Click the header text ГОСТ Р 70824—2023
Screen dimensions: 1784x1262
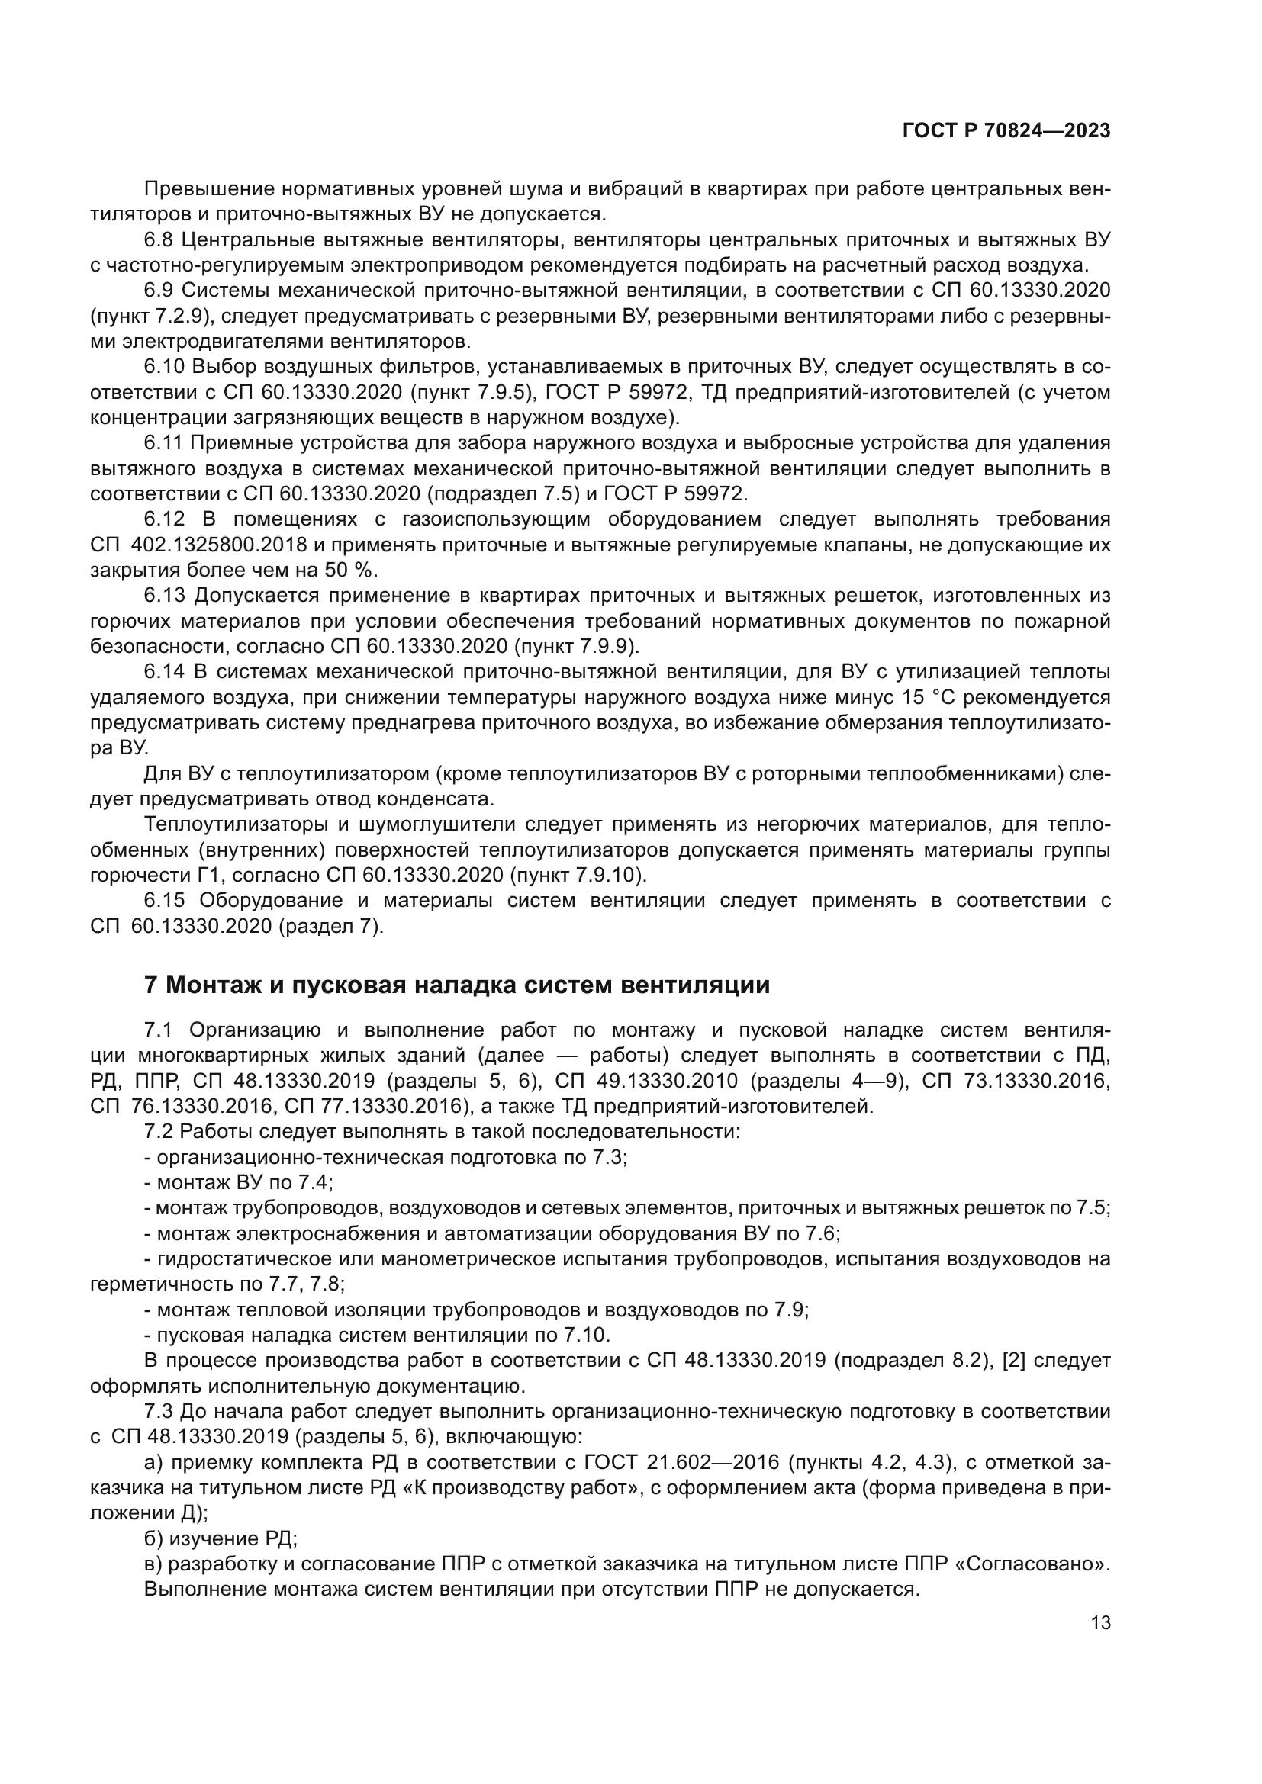tap(1006, 131)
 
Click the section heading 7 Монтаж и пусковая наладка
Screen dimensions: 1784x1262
tap(457, 985)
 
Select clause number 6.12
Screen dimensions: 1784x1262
tap(165, 519)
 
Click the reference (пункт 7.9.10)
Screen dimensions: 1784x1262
tap(578, 876)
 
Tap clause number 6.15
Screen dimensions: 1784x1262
tap(165, 901)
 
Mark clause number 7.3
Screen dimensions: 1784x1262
tap(159, 1412)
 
